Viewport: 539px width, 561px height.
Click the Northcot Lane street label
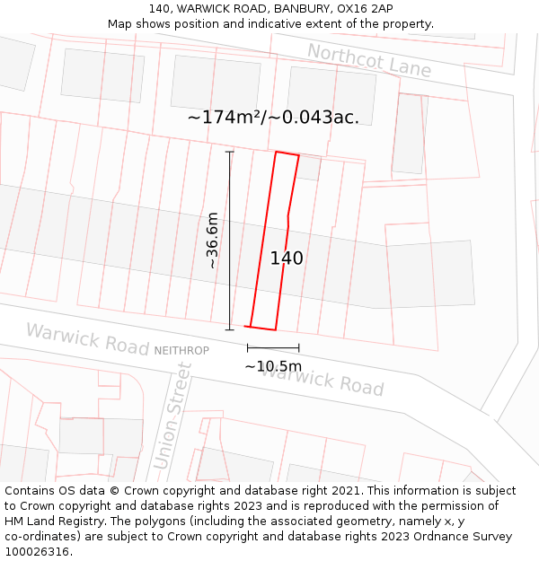click(x=369, y=59)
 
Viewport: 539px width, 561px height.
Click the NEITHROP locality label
click(x=181, y=350)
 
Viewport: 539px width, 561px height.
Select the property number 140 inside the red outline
click(x=287, y=259)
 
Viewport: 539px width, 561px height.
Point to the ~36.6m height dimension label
click(x=212, y=240)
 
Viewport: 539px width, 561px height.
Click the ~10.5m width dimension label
click(x=273, y=366)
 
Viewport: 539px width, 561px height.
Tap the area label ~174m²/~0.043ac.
click(x=273, y=118)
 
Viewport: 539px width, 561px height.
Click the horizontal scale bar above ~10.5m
click(x=273, y=348)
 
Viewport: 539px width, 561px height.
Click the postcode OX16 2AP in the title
click(x=359, y=8)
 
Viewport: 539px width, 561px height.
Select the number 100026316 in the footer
click(x=37, y=552)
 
